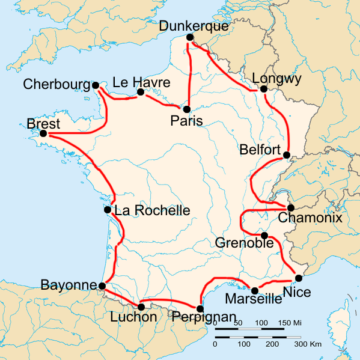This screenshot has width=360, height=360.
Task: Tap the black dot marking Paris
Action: (187, 107)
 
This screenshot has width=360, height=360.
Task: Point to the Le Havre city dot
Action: (140, 93)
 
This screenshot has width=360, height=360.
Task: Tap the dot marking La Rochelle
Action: (108, 210)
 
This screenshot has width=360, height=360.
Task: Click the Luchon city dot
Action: (141, 306)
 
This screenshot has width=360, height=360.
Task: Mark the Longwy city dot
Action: (264, 88)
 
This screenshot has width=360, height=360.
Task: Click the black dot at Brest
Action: (43, 134)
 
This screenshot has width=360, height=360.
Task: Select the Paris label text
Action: (186, 121)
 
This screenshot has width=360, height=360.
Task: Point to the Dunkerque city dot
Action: (189, 41)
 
